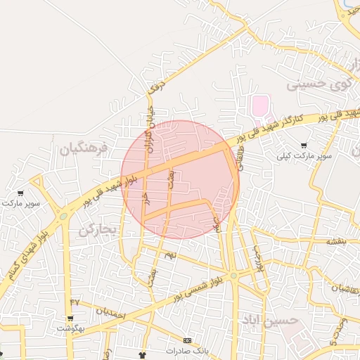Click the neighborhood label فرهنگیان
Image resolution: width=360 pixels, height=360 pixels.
[84, 149]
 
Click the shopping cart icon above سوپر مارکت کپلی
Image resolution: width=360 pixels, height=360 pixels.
[304, 145]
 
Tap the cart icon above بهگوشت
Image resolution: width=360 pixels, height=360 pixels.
[71, 319]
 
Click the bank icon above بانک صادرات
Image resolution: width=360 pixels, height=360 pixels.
[186, 340]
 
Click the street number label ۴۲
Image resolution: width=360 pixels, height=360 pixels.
[75, 302]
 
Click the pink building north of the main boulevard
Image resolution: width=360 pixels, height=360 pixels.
[261, 108]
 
